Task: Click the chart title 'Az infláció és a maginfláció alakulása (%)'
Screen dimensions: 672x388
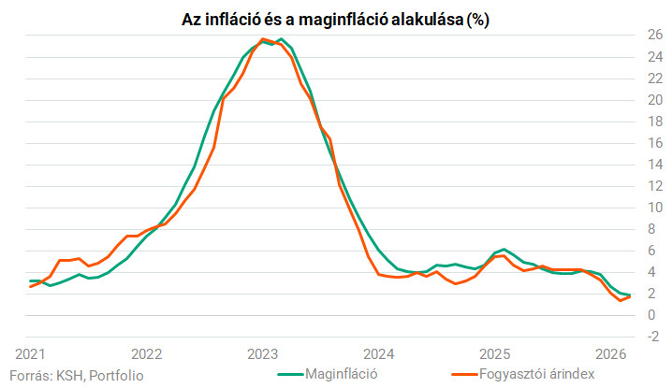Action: (x=336, y=20)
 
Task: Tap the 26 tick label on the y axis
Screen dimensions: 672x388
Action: (x=655, y=36)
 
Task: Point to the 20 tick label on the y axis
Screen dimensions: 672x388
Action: (x=655, y=100)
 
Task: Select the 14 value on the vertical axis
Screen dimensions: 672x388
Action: (x=655, y=165)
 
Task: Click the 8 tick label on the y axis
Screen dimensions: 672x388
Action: (x=651, y=229)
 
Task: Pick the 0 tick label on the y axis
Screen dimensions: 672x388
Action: (x=651, y=315)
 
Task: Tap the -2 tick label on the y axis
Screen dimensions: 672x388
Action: (x=653, y=337)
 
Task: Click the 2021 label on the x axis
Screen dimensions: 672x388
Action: (x=30, y=354)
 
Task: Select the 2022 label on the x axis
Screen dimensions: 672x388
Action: (x=147, y=354)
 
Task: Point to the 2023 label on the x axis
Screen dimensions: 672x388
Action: (x=263, y=354)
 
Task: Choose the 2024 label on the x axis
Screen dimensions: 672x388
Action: (x=379, y=354)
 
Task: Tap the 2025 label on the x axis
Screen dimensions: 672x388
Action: (x=495, y=354)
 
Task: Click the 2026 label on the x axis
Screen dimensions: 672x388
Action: (x=611, y=354)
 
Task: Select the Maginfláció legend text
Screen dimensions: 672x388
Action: (x=341, y=374)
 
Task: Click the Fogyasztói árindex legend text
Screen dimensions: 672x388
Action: (x=536, y=374)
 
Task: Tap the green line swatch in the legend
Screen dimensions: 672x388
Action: (x=290, y=374)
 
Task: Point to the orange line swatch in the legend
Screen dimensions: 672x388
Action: (x=464, y=374)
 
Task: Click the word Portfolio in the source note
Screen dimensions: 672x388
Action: (x=116, y=376)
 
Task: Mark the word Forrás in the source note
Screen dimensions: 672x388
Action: (x=31, y=376)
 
